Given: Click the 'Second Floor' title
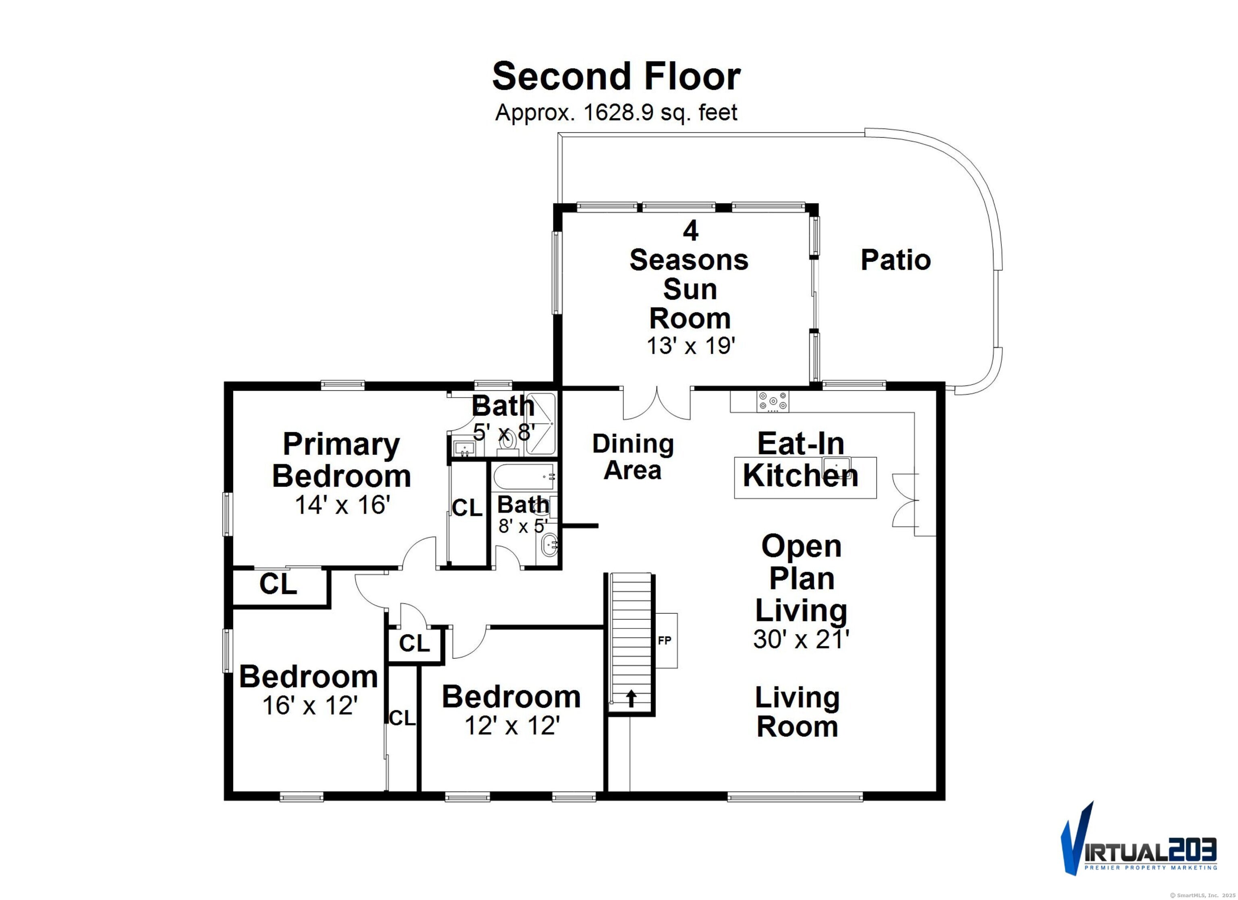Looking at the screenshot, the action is [616, 77].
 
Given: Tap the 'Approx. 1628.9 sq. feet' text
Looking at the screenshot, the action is [616, 113].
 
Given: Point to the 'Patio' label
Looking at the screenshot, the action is [896, 260].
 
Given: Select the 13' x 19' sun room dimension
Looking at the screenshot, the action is [690, 346].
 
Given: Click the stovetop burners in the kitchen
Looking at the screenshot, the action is [773, 401].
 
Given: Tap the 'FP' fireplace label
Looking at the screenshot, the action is [664, 641].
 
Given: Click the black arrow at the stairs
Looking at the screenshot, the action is [631, 699].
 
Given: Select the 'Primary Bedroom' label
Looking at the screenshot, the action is [342, 460].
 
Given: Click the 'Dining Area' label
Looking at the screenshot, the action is [633, 457].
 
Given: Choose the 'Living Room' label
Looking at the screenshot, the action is [798, 712].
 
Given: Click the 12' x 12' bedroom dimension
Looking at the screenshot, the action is [512, 726].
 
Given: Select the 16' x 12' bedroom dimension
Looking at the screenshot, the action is [310, 706].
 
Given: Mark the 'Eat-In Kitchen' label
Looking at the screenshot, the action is [801, 460].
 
